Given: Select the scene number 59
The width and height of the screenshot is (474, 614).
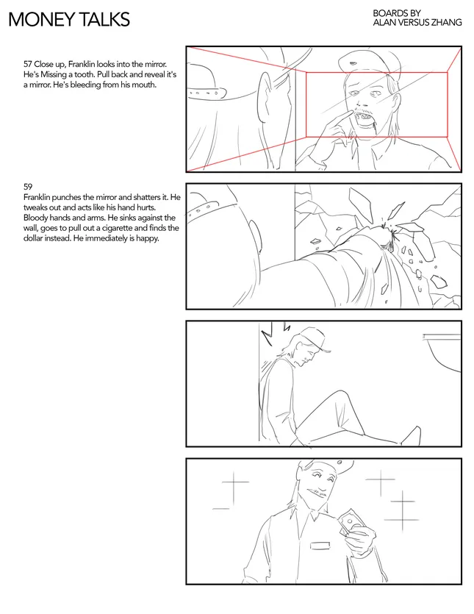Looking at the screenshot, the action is (x=28, y=187).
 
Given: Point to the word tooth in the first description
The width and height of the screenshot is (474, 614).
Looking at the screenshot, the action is (x=84, y=74).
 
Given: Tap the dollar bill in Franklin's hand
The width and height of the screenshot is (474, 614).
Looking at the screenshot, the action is (x=351, y=521).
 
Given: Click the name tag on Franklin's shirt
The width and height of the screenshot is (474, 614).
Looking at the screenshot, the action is (x=320, y=545).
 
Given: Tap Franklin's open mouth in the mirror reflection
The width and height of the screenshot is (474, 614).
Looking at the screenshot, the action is (x=364, y=118).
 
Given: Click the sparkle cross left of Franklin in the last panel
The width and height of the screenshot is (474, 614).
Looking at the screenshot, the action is (x=234, y=488).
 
